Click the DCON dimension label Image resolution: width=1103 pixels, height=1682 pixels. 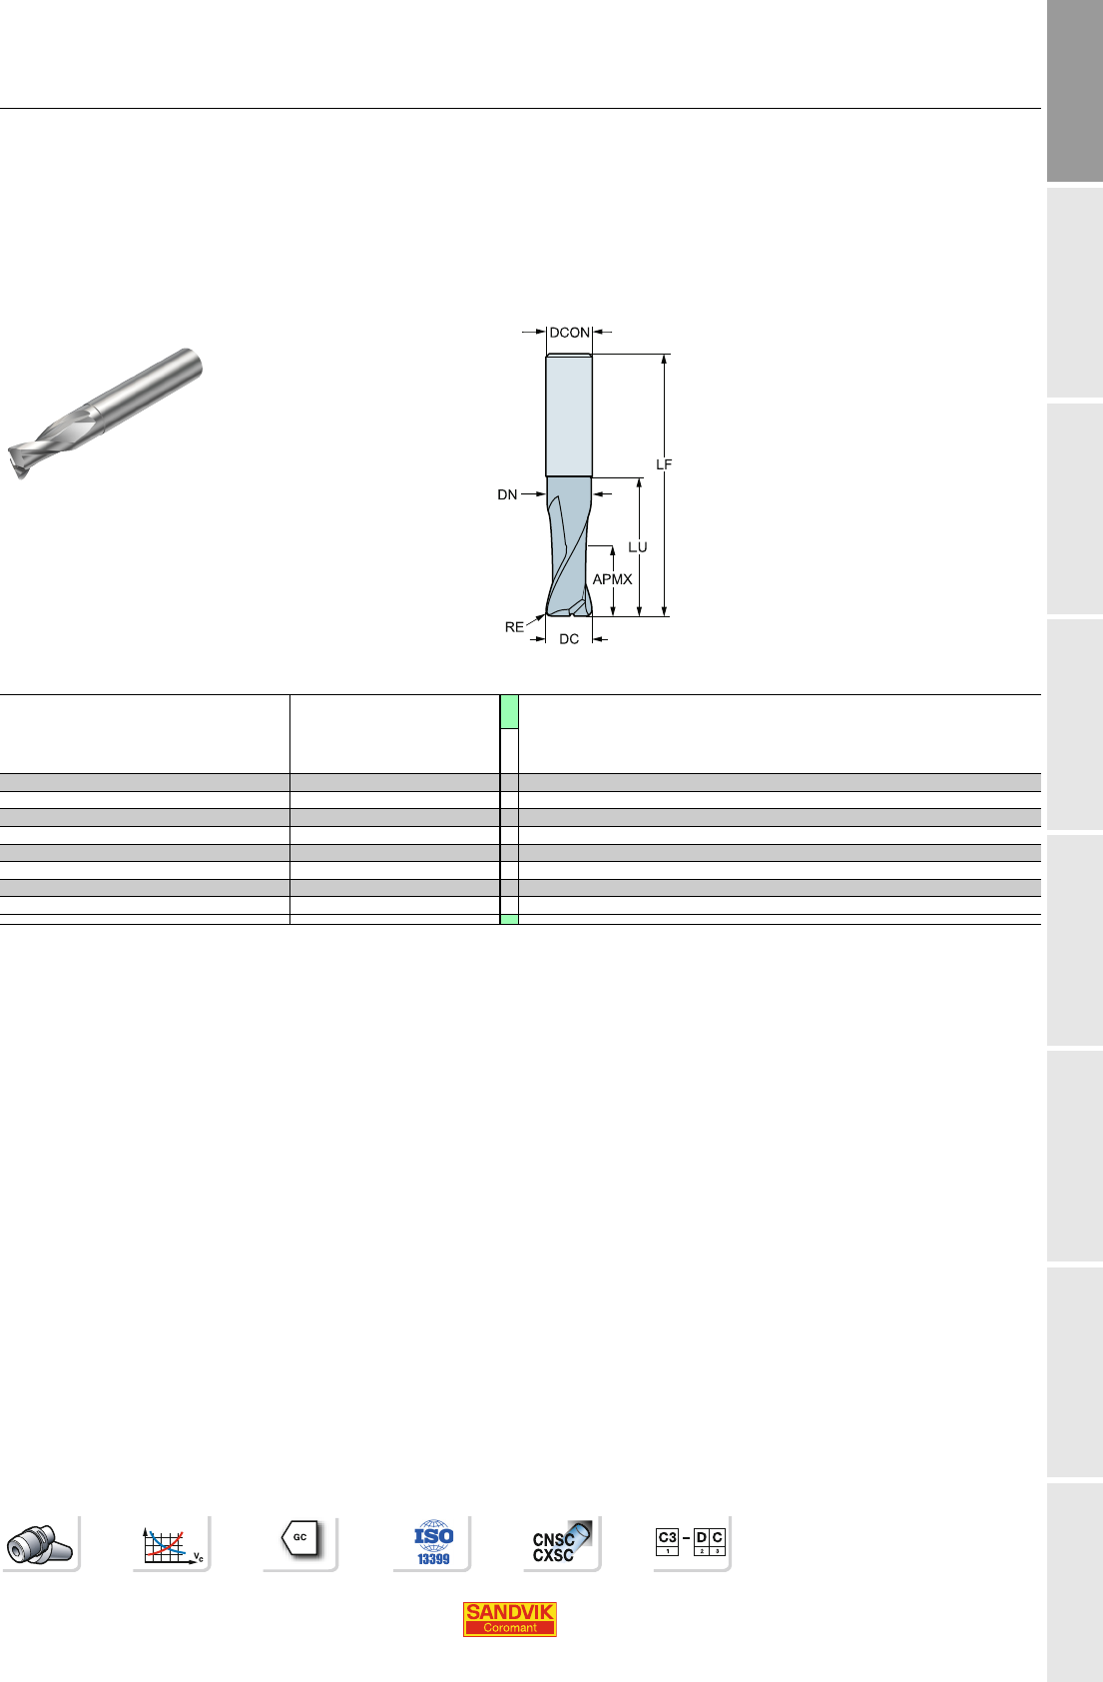(570, 332)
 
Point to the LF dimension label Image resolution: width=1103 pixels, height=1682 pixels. (664, 464)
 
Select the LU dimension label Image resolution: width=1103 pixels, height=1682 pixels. (638, 547)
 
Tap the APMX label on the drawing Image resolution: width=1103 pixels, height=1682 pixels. (612, 579)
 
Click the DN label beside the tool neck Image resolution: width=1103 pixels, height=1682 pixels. (507, 494)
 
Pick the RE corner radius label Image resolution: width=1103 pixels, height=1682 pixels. (514, 627)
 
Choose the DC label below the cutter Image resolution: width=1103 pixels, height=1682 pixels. (569, 639)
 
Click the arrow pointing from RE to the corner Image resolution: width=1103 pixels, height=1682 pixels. (535, 620)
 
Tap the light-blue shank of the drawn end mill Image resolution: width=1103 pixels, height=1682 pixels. (569, 416)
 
